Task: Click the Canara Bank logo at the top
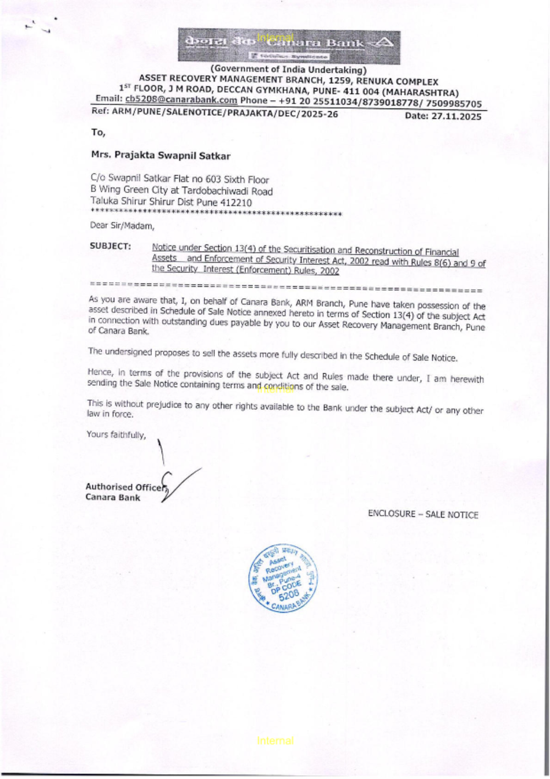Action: [289, 46]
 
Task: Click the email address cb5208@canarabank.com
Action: [181, 100]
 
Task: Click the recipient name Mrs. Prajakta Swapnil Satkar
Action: [161, 156]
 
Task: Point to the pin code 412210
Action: [236, 203]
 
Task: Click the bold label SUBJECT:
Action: [110, 246]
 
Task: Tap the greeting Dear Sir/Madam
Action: [122, 225]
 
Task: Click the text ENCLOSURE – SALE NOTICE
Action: [423, 514]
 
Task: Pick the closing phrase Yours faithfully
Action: [116, 435]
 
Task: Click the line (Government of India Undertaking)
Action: [288, 70]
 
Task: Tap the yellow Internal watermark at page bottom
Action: [275, 741]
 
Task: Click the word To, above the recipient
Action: [98, 132]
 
